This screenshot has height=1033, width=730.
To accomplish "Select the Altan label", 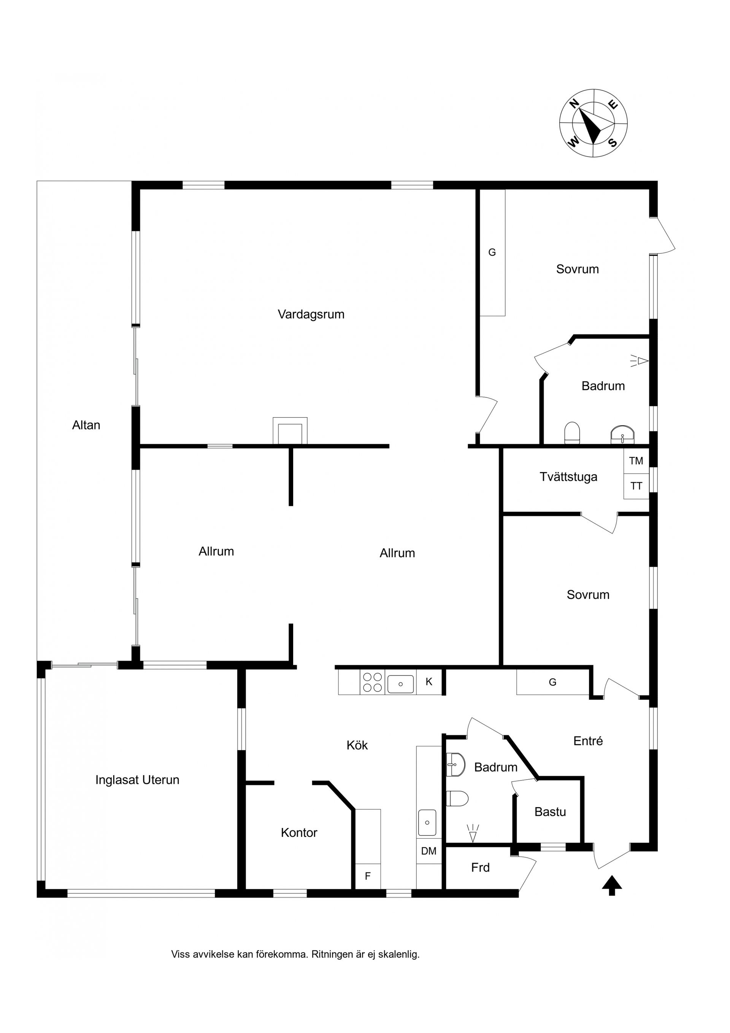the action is coord(86,425).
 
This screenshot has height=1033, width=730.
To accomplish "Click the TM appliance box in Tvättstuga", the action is coord(636,461).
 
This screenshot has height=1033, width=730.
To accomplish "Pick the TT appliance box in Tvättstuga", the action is coord(636,486).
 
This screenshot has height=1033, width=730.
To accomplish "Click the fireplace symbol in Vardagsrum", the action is coord(290,431).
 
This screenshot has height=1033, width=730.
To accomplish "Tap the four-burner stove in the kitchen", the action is coord(372,682).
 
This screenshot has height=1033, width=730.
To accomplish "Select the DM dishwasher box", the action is coord(428,851).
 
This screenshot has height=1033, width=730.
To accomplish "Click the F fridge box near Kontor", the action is coord(368,876).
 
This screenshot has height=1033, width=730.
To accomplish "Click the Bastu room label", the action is coord(550,812).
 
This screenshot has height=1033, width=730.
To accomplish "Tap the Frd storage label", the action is coord(480,868).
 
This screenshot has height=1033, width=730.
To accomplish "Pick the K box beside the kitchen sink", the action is coord(429,682).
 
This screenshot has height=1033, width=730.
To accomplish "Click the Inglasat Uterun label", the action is coord(137,780).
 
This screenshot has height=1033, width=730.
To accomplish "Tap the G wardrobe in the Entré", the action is coord(552,682).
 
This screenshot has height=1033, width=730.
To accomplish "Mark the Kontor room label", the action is coord(299,833).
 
